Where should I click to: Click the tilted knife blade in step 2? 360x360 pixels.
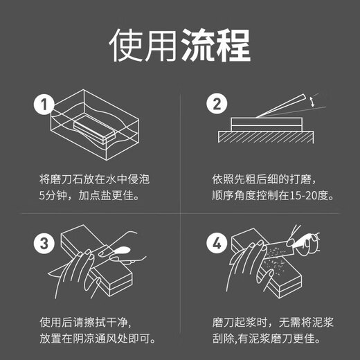(284, 107)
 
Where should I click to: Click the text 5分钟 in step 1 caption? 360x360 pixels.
(56, 197)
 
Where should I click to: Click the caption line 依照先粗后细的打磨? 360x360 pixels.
(260, 179)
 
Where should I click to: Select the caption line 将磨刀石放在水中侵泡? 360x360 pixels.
(94, 179)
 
